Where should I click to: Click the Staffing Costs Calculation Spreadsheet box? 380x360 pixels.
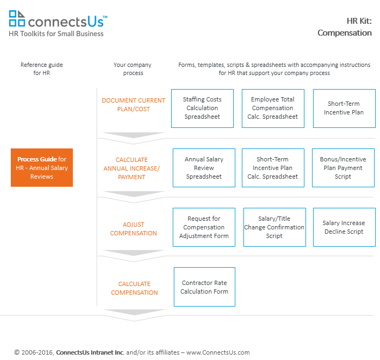[202, 108]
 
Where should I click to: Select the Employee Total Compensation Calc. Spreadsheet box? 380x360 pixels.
[273, 108]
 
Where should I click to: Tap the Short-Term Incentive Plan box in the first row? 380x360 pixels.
[344, 108]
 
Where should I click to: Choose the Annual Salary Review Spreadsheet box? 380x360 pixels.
[204, 168]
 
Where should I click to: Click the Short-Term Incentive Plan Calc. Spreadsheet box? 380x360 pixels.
[273, 168]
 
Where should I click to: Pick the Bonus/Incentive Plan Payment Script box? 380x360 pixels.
[343, 168]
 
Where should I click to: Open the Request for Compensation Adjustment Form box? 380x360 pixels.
[204, 227]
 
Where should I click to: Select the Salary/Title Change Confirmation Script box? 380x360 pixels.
[275, 227]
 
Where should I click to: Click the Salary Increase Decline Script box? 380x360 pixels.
[344, 227]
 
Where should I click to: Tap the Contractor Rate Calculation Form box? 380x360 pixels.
[204, 287]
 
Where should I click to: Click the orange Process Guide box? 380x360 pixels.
[42, 167]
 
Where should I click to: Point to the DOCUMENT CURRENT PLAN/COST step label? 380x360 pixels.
[133, 105]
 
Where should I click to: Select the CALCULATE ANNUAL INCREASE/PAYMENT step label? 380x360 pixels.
[132, 168]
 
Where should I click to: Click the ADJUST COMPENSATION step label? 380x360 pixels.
[133, 229]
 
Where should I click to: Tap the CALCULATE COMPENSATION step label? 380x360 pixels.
[134, 288]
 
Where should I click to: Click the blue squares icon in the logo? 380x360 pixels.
[17, 18]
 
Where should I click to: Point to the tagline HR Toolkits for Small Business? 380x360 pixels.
[56, 33]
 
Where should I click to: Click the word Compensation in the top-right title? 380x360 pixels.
[344, 33]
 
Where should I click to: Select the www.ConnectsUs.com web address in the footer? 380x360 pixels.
[218, 352]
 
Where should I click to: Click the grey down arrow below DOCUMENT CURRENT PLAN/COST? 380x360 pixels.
[133, 135]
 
